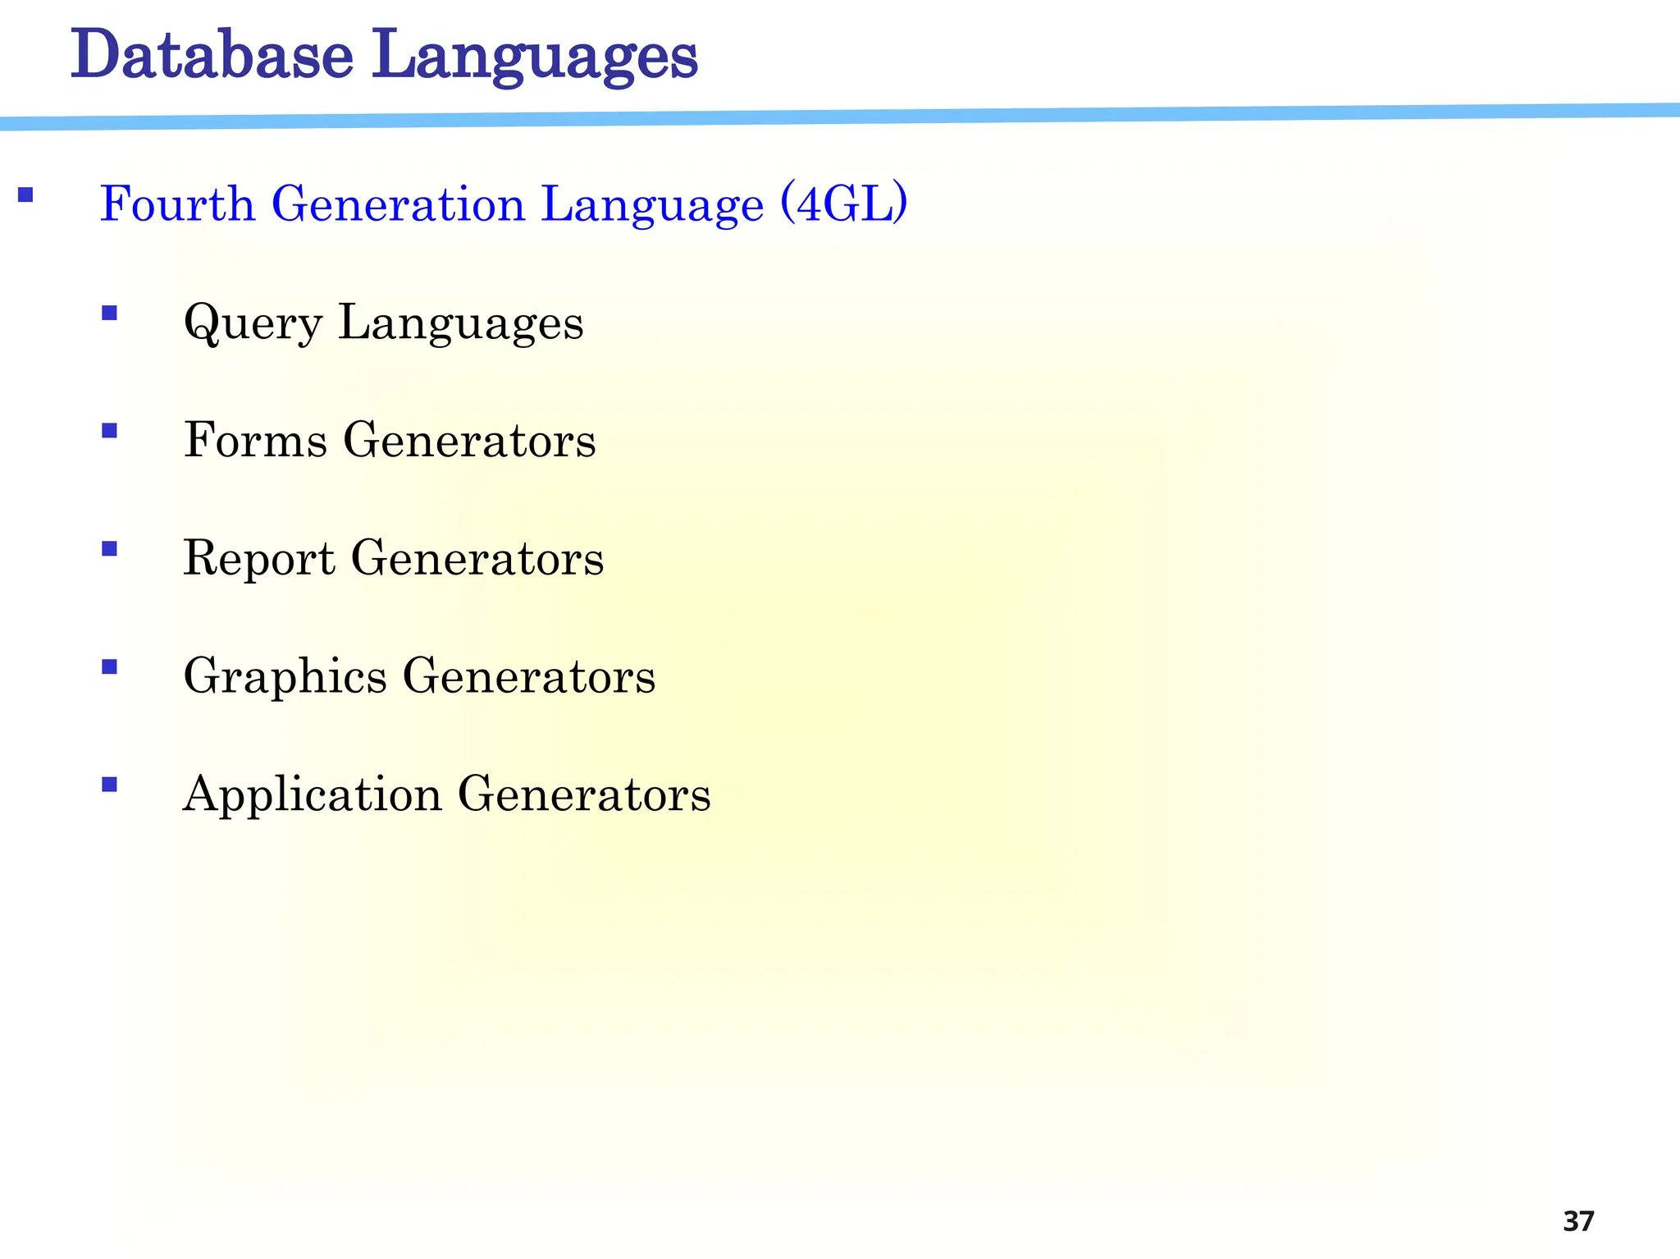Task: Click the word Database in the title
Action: pyautogui.click(x=212, y=55)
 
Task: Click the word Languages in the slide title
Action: pyautogui.click(x=535, y=57)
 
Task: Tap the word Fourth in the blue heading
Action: pyautogui.click(x=177, y=204)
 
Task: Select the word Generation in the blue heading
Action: pyautogui.click(x=398, y=204)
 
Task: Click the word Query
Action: pyautogui.click(x=253, y=323)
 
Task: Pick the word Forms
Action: pyautogui.click(x=255, y=440)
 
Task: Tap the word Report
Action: pyautogui.click(x=259, y=559)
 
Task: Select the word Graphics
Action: pyautogui.click(x=285, y=678)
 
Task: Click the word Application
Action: pyautogui.click(x=313, y=795)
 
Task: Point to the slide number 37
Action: pyautogui.click(x=1578, y=1221)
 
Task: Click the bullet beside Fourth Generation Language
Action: pyautogui.click(x=25, y=195)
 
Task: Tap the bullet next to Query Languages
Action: pyautogui.click(x=109, y=313)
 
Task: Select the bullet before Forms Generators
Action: pyautogui.click(x=109, y=430)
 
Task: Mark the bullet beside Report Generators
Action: pyautogui.click(x=109, y=548)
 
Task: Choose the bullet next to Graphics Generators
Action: pyautogui.click(x=109, y=666)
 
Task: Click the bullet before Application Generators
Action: pyautogui.click(x=109, y=785)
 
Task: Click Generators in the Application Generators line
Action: pyautogui.click(x=584, y=794)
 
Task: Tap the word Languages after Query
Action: pyautogui.click(x=461, y=323)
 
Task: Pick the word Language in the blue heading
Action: pyautogui.click(x=652, y=204)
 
